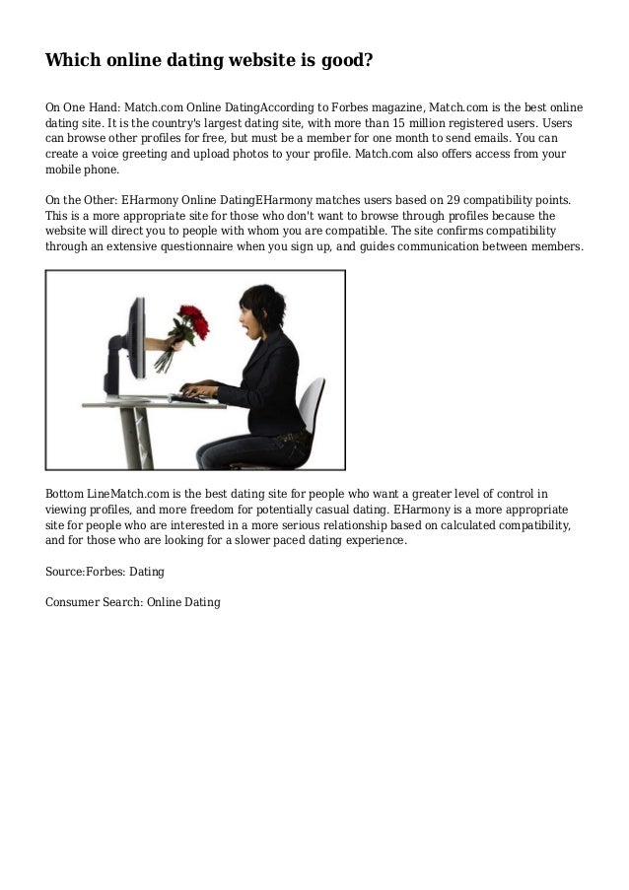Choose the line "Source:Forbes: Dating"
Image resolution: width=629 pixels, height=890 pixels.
click(105, 571)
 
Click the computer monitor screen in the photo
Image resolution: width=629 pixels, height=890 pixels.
click(136, 335)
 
